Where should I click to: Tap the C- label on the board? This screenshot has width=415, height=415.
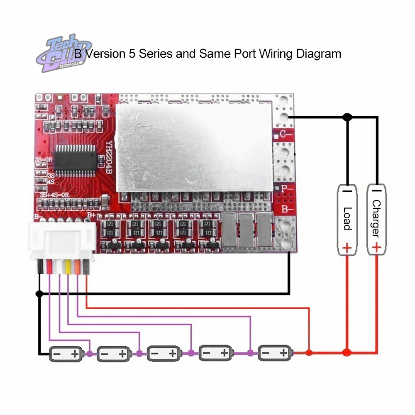coord(284,134)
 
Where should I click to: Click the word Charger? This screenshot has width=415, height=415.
coord(376,218)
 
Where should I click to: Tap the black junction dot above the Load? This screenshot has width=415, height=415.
coord(347,117)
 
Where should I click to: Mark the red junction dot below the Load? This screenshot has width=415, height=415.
coord(347,353)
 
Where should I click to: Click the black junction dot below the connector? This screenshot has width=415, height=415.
coord(39,294)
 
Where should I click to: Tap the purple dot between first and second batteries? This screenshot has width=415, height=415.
coord(90,354)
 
